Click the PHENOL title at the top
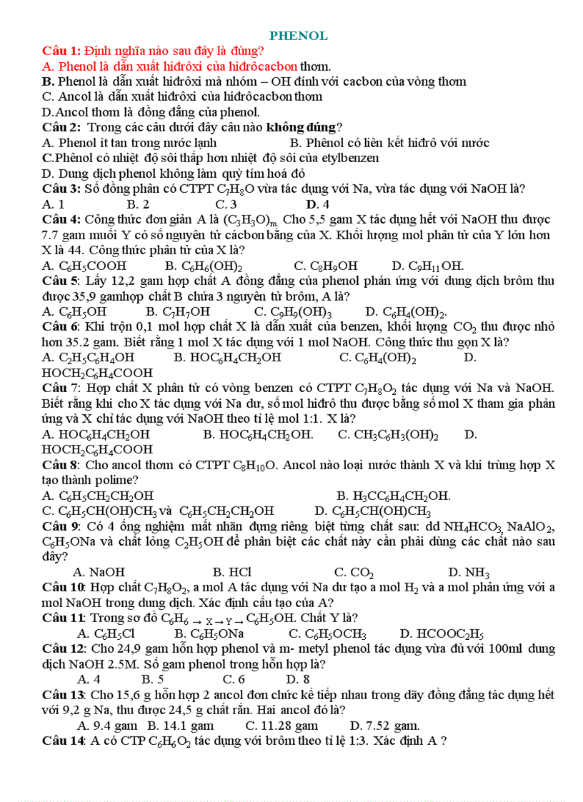click(x=299, y=36)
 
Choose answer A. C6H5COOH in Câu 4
click(x=77, y=266)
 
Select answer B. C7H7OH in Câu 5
click(x=178, y=311)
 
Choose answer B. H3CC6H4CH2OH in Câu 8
click(x=393, y=496)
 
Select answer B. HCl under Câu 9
click(x=232, y=572)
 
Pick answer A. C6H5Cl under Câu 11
click(x=105, y=633)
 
